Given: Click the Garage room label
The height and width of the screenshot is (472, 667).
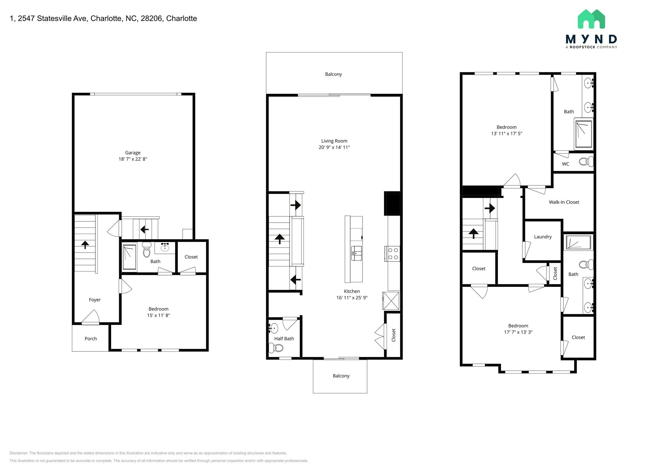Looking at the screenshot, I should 133,153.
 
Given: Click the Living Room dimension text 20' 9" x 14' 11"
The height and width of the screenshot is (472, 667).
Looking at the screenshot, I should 334,147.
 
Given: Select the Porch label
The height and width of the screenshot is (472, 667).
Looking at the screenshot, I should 91,339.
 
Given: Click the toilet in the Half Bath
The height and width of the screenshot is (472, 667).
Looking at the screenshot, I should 276,348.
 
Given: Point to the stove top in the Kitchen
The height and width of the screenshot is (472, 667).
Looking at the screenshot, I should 392,254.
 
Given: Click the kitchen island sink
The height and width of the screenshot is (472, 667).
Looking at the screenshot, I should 356,253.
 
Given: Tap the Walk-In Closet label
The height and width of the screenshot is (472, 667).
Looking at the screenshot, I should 564,202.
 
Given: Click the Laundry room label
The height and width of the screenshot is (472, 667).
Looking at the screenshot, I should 543,237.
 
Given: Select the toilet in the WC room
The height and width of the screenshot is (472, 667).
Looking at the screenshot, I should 587,161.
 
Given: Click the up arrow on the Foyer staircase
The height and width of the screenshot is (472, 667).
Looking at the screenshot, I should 85,244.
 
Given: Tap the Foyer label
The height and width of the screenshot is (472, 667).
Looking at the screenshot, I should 95,300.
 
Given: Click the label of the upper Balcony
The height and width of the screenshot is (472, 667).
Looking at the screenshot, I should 333,74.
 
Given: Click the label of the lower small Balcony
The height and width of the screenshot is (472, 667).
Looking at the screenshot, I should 341,376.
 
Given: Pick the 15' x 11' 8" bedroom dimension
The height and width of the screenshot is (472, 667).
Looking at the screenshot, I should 158,316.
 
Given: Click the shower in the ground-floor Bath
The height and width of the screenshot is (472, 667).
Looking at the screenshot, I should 129,257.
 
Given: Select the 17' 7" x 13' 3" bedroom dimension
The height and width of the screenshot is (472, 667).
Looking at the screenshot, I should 518,332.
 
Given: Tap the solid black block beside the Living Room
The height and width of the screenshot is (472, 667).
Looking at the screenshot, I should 392,203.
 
